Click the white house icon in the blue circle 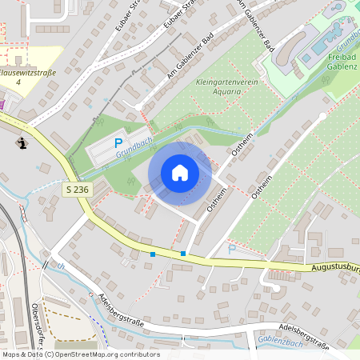coord(180,172)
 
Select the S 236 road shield coord(74,188)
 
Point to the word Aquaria coord(226,92)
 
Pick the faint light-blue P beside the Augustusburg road coord(232,249)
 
